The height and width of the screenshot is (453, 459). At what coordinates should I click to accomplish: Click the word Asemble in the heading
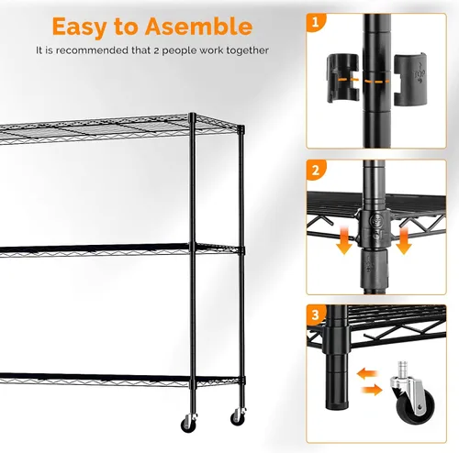[x=199, y=27]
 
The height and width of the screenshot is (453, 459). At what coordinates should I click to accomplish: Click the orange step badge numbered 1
[x=315, y=22]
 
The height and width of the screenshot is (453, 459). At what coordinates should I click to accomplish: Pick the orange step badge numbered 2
[x=316, y=170]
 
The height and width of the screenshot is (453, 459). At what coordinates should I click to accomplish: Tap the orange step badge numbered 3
[x=316, y=315]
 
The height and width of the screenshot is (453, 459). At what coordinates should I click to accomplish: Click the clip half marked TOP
[x=410, y=79]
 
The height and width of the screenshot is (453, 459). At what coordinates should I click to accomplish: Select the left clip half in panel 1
[x=343, y=78]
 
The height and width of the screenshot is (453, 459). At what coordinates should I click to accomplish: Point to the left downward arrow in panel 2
[x=344, y=241]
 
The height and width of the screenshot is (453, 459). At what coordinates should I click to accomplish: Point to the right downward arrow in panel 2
[x=404, y=241]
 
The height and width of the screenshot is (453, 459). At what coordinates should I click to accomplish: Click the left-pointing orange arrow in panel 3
[x=367, y=374]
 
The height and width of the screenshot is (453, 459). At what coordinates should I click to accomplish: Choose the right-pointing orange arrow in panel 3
[x=372, y=390]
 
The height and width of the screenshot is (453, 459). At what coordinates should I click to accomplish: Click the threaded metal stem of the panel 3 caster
[x=402, y=370]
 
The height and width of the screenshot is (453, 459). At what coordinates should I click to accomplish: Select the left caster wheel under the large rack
[x=187, y=425]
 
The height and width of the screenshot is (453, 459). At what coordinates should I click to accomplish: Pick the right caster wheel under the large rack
[x=237, y=418]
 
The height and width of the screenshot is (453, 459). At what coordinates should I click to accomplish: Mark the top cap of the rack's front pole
[x=193, y=115]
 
